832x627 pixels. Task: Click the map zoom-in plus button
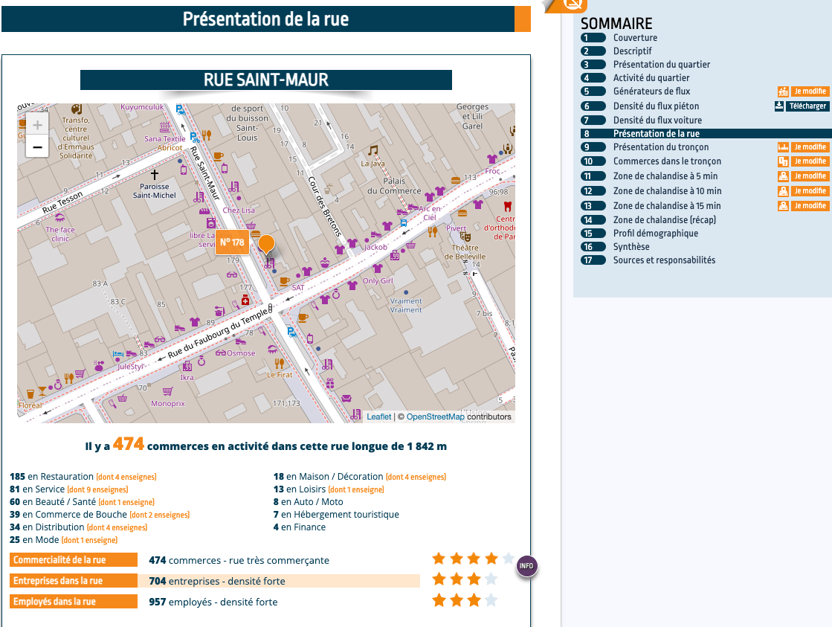pyautogui.click(x=37, y=125)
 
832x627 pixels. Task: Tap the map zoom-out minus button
pyautogui.click(x=37, y=147)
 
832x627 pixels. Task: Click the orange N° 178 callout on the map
pyautogui.click(x=232, y=242)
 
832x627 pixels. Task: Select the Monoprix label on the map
pyautogui.click(x=167, y=403)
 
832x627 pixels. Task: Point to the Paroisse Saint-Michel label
pyautogui.click(x=155, y=190)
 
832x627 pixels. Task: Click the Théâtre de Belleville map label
pyautogui.click(x=465, y=251)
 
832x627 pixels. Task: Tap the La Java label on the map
pyautogui.click(x=373, y=163)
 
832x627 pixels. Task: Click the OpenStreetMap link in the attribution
pyautogui.click(x=435, y=417)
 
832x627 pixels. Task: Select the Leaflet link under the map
pyautogui.click(x=378, y=417)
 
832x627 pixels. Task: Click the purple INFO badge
pyautogui.click(x=526, y=567)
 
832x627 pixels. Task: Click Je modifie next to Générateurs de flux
pyautogui.click(x=809, y=91)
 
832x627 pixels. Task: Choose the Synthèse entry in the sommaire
pyautogui.click(x=631, y=247)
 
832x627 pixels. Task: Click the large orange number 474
pyautogui.click(x=129, y=445)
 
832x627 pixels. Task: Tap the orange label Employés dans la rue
pyautogui.click(x=74, y=602)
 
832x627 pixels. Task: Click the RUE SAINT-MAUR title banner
pyautogui.click(x=265, y=80)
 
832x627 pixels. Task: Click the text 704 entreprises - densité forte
pyautogui.click(x=217, y=581)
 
